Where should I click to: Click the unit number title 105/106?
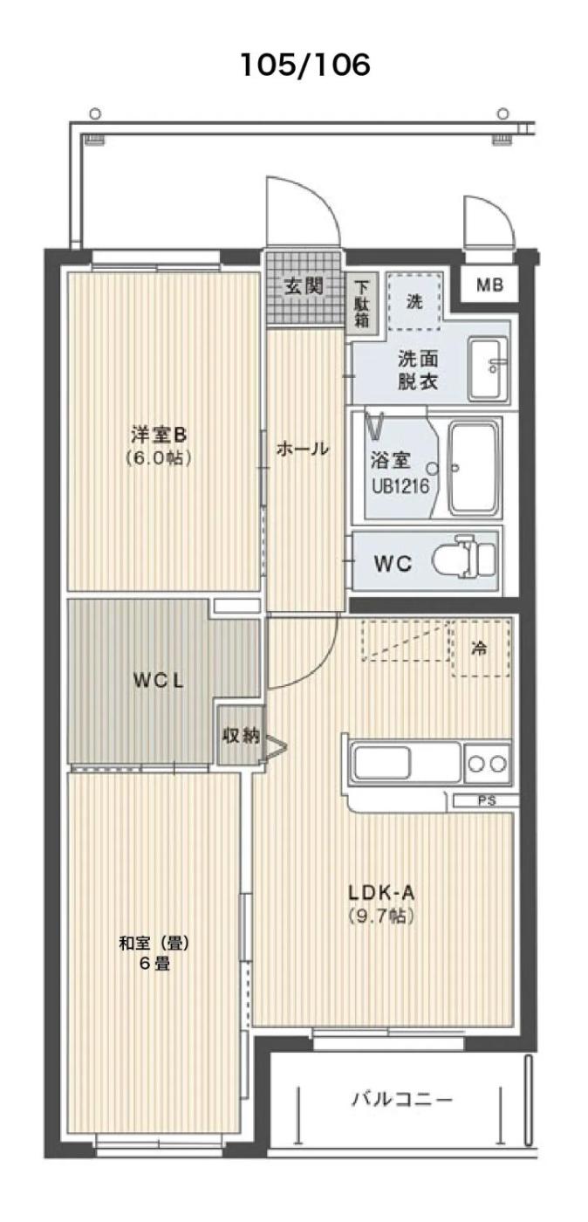305,65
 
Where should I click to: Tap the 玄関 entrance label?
304,286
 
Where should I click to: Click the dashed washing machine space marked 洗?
414,302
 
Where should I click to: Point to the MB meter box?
489,285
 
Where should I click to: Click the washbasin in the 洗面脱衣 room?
489,368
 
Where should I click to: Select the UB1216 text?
401,486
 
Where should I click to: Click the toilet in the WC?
465,558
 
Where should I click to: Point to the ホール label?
303,449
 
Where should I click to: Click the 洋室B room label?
159,435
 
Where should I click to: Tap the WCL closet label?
159,680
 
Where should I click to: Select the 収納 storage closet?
241,735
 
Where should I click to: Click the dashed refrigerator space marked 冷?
481,648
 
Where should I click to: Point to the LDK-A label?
382,893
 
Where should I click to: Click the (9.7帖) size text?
381,916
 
